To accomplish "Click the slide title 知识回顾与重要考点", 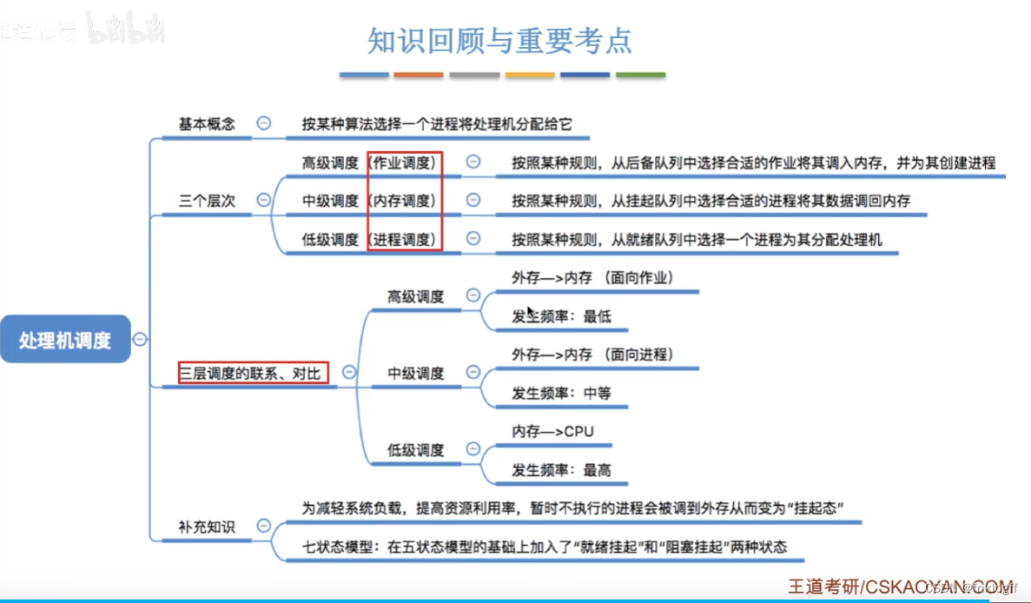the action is (500, 41).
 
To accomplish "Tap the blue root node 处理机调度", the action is (66, 340).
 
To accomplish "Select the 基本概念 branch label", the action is (207, 123).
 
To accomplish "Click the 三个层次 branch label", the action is (207, 201).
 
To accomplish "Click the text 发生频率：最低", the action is (561, 316).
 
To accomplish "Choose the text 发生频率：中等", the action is (561, 393).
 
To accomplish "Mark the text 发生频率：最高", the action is (561, 470).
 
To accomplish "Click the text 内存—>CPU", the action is (552, 431).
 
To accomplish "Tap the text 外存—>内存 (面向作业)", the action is (592, 277).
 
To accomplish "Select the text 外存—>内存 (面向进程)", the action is (592, 355).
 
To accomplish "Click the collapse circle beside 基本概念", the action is (264, 123).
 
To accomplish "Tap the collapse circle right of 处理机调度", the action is (140, 340).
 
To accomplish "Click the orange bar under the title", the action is (419, 76).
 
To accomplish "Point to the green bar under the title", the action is (641, 76).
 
